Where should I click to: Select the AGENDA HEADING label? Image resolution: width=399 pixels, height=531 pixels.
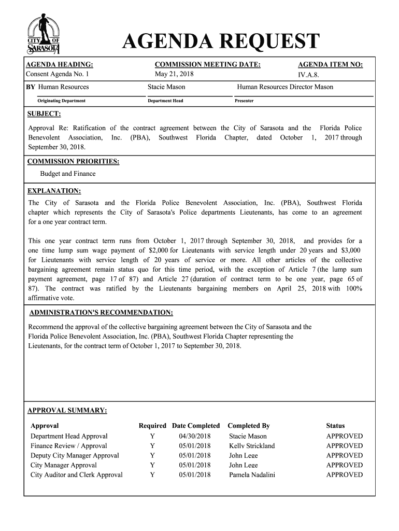[60, 64]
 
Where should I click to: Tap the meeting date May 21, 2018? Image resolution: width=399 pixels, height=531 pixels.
[170, 74]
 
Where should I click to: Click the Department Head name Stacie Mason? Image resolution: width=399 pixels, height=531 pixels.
[166, 87]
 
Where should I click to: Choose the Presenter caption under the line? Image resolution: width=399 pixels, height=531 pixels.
[244, 101]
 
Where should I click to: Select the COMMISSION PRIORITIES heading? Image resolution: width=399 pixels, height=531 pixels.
[73, 161]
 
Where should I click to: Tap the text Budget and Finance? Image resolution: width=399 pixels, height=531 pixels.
[68, 174]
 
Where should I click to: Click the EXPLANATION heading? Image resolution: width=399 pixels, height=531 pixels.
[54, 190]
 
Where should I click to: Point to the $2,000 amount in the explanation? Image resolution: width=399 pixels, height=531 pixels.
[160, 250]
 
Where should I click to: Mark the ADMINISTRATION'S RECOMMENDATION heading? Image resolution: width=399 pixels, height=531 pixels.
[101, 313]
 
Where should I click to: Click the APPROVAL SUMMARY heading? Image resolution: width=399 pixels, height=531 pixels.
[67, 411]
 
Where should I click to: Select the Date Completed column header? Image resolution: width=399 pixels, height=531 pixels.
[196, 426]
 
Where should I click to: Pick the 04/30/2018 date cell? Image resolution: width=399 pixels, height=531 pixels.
[195, 436]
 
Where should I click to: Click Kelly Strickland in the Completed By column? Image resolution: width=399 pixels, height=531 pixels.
[252, 446]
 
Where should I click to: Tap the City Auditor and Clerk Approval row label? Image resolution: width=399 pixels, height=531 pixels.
[77, 474]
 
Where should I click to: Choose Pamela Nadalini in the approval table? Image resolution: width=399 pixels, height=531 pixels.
[252, 474]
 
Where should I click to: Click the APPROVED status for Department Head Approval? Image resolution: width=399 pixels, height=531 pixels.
[344, 436]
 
